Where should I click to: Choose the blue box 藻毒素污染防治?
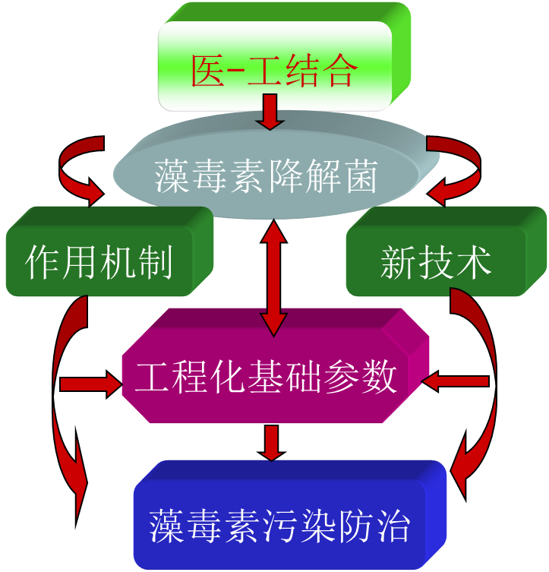pyautogui.click(x=281, y=524)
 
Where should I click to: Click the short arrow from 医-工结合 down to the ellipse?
pyautogui.click(x=269, y=112)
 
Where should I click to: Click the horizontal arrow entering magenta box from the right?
pyautogui.click(x=456, y=381)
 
